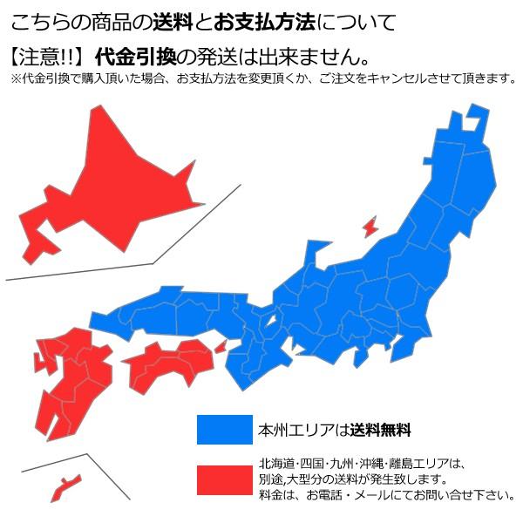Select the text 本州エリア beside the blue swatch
coord(295,430)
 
